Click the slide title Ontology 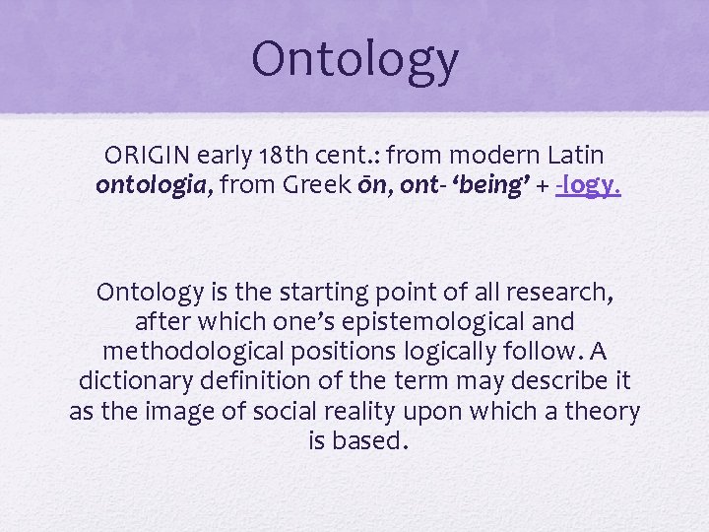354,59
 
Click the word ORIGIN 148,156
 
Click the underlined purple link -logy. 588,185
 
